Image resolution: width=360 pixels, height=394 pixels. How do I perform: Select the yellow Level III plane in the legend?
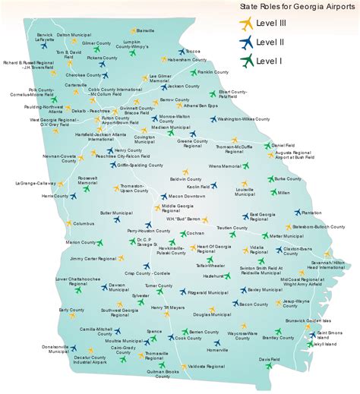(x=245, y=24)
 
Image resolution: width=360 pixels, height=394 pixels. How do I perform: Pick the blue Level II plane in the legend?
(x=245, y=43)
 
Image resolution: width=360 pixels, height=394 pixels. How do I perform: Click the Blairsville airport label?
(x=146, y=30)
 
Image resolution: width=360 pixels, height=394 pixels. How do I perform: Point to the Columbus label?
(x=84, y=224)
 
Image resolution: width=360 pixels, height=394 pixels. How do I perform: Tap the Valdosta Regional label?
(x=207, y=366)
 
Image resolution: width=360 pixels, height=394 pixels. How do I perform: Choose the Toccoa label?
(x=194, y=51)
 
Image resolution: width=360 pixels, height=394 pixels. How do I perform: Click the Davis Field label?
(x=270, y=359)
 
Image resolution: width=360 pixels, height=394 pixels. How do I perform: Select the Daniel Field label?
(x=283, y=144)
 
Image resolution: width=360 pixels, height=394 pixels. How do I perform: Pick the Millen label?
(x=283, y=193)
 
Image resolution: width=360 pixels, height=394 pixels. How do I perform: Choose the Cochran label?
(x=195, y=233)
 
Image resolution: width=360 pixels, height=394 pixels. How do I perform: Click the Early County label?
(x=71, y=310)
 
